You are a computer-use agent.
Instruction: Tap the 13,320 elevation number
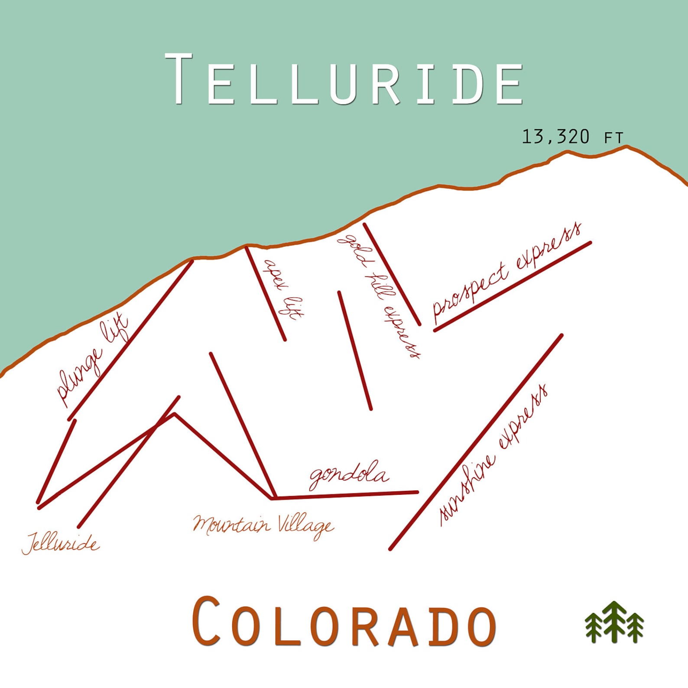pos(555,137)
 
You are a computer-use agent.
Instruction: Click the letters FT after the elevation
pos(613,138)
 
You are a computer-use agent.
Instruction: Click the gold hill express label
pos(378,296)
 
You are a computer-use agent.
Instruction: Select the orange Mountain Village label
pos(263,525)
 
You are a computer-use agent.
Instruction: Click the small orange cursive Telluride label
pos(61,543)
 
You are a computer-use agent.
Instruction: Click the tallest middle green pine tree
pos(614,620)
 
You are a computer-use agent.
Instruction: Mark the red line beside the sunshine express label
pos(476,442)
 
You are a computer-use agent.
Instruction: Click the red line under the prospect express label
pos(513,286)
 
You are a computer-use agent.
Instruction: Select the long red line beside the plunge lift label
pos(130,340)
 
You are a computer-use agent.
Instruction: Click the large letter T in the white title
pos(178,79)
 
